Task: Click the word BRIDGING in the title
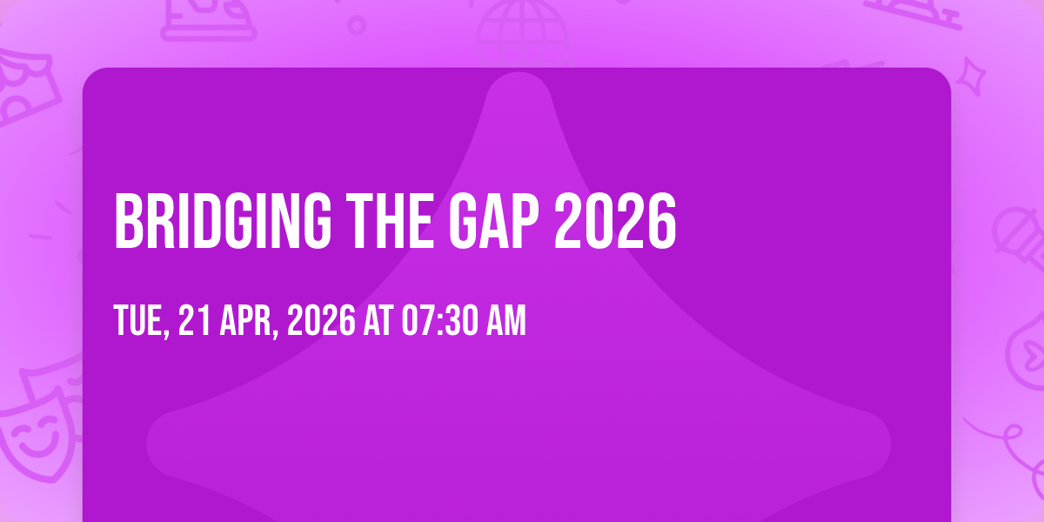point(223,221)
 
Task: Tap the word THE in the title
point(390,221)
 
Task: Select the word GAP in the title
point(493,221)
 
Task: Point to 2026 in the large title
point(615,221)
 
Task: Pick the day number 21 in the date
point(194,320)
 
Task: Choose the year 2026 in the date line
point(321,320)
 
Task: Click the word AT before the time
point(378,320)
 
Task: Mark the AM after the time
point(506,320)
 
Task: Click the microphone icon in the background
point(1020,238)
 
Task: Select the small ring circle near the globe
point(357,25)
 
